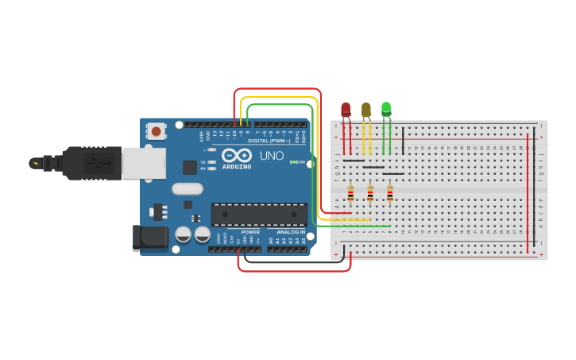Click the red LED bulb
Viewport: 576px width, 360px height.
point(346,110)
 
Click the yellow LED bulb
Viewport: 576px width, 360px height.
point(365,110)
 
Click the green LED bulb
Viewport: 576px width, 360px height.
point(386,109)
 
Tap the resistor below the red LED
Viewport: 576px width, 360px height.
point(350,193)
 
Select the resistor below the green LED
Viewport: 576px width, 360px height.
point(389,193)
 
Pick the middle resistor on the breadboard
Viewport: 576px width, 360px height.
point(370,193)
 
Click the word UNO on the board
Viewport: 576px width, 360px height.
point(272,156)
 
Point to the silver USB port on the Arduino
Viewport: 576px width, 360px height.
point(144,163)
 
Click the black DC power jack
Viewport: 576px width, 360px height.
point(150,237)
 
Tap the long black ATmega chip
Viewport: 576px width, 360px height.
point(259,215)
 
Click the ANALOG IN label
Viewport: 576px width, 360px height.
point(291,232)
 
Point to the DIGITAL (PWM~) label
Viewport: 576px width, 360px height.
point(269,141)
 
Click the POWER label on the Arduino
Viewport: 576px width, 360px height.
point(250,232)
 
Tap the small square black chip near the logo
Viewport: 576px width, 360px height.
point(190,167)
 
